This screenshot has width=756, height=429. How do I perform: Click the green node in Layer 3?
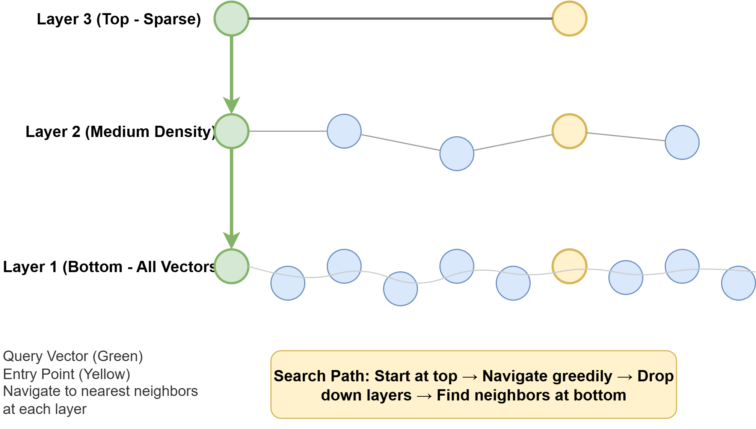point(231,18)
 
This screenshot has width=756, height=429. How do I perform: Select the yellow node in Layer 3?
point(569,18)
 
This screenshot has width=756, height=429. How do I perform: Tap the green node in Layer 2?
point(231,131)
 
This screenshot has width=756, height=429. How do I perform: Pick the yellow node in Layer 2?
point(569,131)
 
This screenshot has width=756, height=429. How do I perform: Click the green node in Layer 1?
point(231,266)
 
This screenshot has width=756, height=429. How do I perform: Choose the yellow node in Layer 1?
point(569,266)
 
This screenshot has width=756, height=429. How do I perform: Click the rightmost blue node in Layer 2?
point(682,142)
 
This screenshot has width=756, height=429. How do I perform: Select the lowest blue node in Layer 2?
point(457,154)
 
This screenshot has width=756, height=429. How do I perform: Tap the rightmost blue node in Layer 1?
point(738,283)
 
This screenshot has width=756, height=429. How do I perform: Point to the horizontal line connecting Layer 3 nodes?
point(400,18)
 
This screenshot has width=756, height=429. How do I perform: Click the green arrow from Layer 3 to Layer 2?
point(231,75)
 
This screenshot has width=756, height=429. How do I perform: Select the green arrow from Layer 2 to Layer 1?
point(231,199)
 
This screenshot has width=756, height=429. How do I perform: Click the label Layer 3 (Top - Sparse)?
point(119,19)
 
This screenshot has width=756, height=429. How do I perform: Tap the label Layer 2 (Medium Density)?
point(121,132)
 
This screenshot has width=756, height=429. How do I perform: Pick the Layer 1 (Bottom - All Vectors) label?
point(109,267)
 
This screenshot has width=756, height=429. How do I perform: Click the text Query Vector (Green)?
point(73,356)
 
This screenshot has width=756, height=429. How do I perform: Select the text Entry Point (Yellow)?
point(66,374)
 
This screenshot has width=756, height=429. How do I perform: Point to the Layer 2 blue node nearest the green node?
point(344,131)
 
